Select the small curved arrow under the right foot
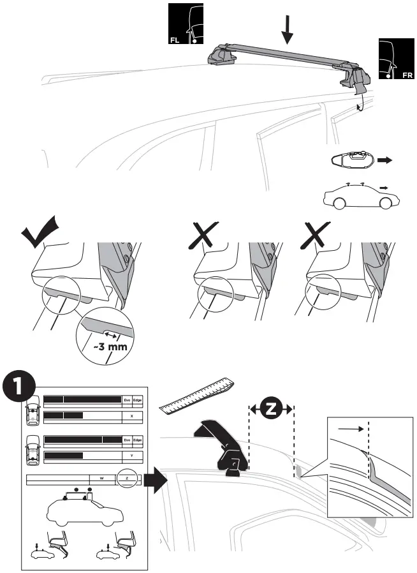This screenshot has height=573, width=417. (360, 102)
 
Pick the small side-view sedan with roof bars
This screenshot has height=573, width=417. (360, 197)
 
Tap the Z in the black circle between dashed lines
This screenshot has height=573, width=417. (270, 409)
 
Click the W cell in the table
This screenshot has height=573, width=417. (101, 477)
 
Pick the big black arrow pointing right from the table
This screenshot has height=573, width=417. (156, 477)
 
